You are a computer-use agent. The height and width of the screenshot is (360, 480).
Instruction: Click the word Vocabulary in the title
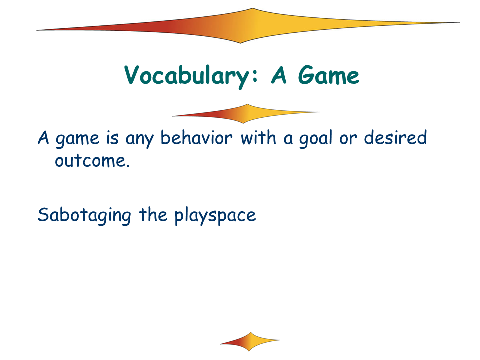187,76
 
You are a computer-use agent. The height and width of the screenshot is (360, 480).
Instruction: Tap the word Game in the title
328,75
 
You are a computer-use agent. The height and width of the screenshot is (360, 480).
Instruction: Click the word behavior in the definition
196,138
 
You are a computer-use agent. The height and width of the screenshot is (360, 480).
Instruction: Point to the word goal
315,139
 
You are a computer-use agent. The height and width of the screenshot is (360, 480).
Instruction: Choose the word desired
395,137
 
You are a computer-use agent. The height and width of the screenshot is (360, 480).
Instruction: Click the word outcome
90,160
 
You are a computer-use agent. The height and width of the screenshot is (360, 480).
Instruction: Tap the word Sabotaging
84,216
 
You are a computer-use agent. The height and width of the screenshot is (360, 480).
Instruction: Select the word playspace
215,216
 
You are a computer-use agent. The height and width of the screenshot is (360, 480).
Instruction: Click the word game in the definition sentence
78,140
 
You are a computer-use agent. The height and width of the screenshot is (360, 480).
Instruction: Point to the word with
258,138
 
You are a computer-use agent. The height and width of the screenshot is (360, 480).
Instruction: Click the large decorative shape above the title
248,26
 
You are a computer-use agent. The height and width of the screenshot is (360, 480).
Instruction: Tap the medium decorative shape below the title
246,114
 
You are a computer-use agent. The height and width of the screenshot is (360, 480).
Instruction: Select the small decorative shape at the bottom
250,341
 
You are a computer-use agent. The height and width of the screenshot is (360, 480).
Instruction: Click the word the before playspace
153,214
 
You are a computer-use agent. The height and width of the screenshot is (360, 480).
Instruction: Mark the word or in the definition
348,139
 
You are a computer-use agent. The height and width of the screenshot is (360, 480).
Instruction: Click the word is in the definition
112,138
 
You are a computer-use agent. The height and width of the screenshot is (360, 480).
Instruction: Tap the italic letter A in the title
279,75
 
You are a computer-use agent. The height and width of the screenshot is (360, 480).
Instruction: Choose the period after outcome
128,166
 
